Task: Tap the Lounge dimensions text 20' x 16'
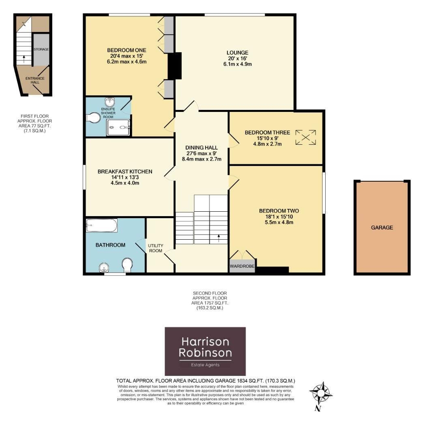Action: (x=237, y=58)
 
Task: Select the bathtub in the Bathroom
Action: (x=102, y=225)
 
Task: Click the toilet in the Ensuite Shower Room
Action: (x=93, y=118)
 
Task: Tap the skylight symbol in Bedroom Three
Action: (x=306, y=137)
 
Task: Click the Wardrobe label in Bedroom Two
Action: (x=242, y=266)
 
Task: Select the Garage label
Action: (x=382, y=228)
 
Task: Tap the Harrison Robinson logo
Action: (x=205, y=351)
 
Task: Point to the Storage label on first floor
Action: (x=41, y=49)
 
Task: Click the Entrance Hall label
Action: (x=35, y=80)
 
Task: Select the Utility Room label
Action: (x=155, y=248)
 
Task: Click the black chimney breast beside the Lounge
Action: (x=175, y=66)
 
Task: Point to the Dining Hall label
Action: (x=202, y=148)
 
